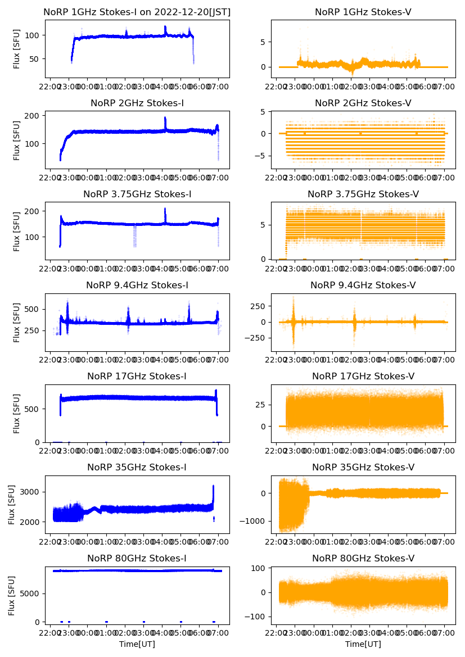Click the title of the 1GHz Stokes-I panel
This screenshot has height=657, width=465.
click(137, 12)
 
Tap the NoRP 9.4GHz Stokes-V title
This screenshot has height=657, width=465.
click(363, 286)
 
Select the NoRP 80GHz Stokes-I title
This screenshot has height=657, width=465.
click(137, 558)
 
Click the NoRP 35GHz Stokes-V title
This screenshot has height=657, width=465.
click(363, 468)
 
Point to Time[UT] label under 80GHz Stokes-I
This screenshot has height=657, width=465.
click(137, 644)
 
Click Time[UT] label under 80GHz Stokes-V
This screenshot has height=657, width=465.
click(363, 644)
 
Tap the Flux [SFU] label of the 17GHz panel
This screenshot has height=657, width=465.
click(16, 413)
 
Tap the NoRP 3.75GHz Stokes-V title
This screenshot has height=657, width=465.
click(363, 194)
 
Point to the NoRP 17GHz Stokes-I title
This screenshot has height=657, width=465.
click(137, 377)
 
